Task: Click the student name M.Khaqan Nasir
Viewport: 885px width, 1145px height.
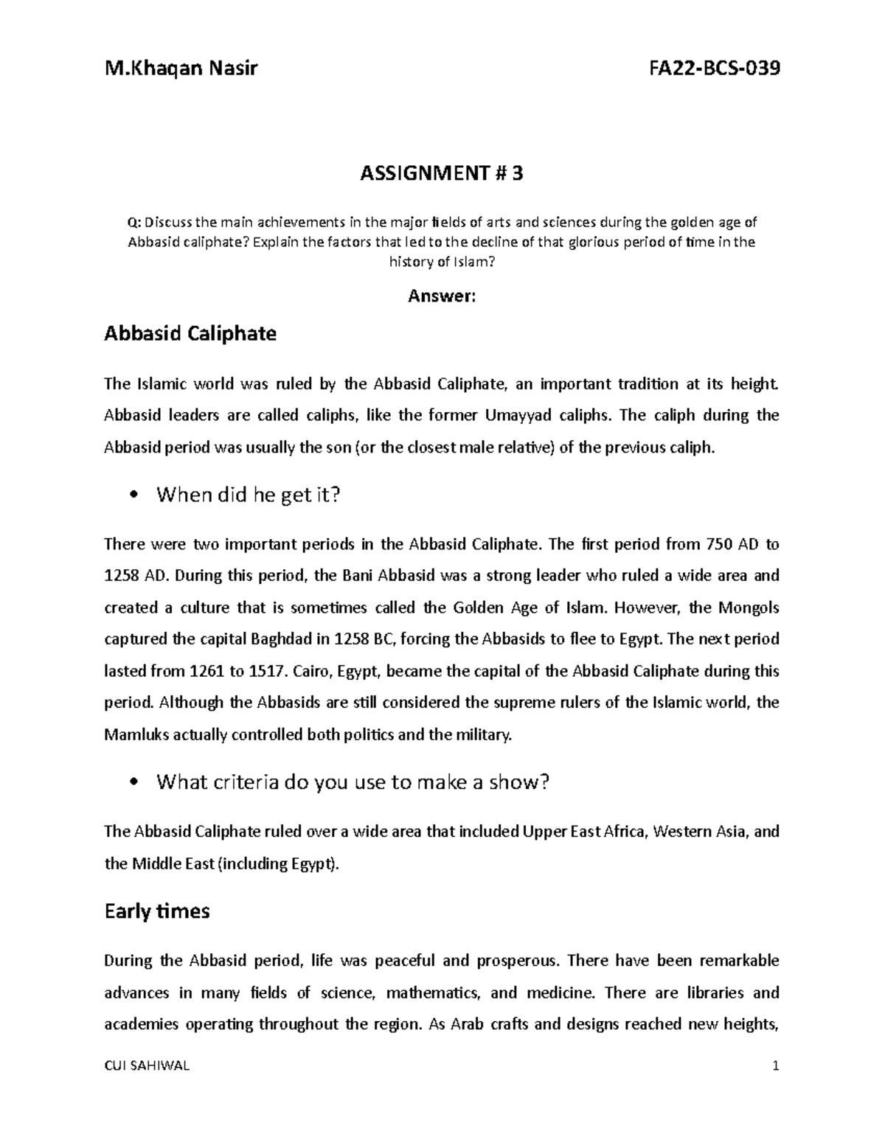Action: pyautogui.click(x=181, y=69)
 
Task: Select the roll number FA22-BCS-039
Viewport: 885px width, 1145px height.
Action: pyautogui.click(x=713, y=69)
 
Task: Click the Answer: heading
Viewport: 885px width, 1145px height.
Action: pyautogui.click(x=442, y=296)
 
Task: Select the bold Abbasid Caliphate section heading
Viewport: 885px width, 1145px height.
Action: pyautogui.click(x=190, y=334)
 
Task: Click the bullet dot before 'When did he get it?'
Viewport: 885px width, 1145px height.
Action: pyautogui.click(x=133, y=495)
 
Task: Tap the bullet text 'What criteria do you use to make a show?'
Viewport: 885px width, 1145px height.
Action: pyautogui.click(x=353, y=782)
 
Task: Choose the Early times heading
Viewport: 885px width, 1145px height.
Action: pyautogui.click(x=157, y=912)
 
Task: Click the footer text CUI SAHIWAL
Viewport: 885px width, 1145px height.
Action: pyautogui.click(x=147, y=1066)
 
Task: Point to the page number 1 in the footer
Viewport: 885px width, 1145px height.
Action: pyautogui.click(x=775, y=1066)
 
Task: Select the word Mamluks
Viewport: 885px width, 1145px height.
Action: pyautogui.click(x=134, y=735)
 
